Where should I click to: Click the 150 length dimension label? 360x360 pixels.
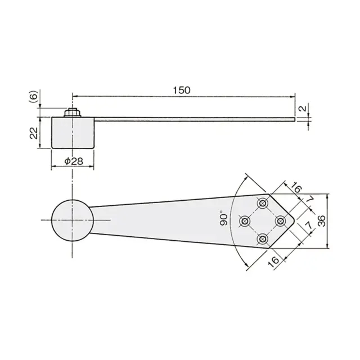(181, 90)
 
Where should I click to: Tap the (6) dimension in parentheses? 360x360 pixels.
(34, 96)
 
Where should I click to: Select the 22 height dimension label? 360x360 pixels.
(34, 133)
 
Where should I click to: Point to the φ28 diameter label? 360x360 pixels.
(74, 161)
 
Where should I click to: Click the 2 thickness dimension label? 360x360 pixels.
(303, 108)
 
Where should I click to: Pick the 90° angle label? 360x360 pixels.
(223, 219)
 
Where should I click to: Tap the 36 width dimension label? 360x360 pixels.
(322, 221)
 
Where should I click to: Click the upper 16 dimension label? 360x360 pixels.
(296, 188)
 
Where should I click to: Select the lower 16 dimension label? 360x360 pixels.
(273, 262)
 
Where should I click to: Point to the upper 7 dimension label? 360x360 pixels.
(310, 199)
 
